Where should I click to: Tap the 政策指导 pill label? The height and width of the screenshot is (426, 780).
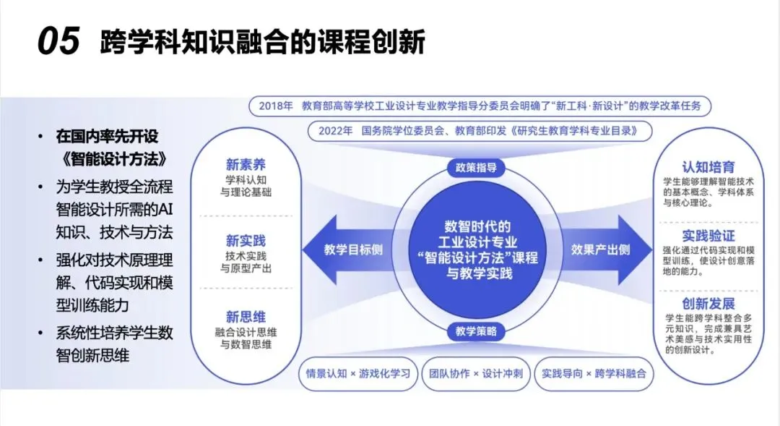[x=476, y=168]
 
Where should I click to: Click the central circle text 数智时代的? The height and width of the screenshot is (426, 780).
[x=477, y=225]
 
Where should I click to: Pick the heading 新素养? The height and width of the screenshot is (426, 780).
[x=246, y=164]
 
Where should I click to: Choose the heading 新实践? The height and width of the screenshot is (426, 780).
[x=246, y=241]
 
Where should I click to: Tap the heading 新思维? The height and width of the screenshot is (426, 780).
[x=246, y=317]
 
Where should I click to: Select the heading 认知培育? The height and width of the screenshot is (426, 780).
[x=708, y=167]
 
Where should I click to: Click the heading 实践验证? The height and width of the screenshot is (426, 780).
[x=708, y=236]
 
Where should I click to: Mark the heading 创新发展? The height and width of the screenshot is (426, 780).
[x=708, y=304]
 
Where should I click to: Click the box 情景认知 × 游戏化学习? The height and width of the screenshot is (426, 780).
[x=357, y=374]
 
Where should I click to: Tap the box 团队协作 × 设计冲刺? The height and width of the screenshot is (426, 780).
[x=476, y=374]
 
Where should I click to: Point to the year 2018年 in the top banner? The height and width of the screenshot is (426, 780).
[x=275, y=106]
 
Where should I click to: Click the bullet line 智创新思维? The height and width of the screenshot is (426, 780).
[x=92, y=354]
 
